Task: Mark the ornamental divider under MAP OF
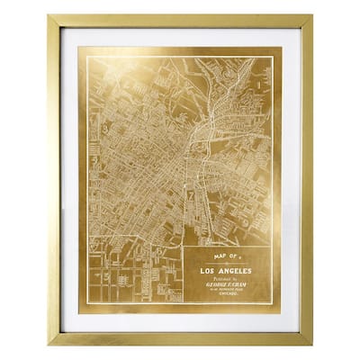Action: [225, 264]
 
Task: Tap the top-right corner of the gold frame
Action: [312, 15]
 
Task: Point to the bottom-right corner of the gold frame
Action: [312, 345]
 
